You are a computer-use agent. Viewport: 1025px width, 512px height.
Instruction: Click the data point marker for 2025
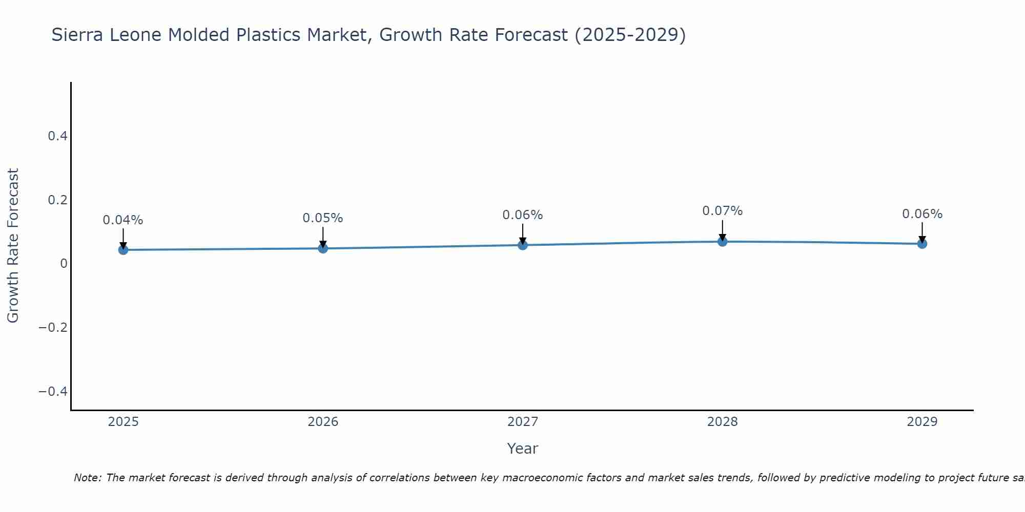pyautogui.click(x=123, y=250)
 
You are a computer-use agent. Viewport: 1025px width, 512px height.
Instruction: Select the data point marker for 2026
pyautogui.click(x=323, y=248)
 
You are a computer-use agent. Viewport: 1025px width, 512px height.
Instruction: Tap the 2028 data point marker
pyautogui.click(x=722, y=241)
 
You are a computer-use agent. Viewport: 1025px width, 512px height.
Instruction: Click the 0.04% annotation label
pyautogui.click(x=123, y=220)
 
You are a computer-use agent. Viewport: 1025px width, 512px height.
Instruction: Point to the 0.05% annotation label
pyautogui.click(x=323, y=218)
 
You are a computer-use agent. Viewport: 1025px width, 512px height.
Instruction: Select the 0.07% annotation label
pyautogui.click(x=722, y=211)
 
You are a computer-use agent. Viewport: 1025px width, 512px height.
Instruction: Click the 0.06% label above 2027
pyautogui.click(x=522, y=215)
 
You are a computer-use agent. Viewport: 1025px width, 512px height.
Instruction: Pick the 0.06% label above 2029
pyautogui.click(x=922, y=214)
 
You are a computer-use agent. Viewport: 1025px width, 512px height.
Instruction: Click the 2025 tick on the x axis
pyautogui.click(x=123, y=422)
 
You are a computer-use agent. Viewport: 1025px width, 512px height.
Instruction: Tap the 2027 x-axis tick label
pyautogui.click(x=522, y=422)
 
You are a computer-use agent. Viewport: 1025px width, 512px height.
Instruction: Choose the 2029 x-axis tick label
pyautogui.click(x=922, y=422)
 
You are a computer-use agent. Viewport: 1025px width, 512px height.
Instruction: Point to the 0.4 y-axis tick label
pyautogui.click(x=57, y=136)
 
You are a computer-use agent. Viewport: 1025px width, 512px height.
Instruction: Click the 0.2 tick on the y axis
pyautogui.click(x=57, y=200)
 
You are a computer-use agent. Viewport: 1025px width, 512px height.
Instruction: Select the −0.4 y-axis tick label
pyautogui.click(x=53, y=392)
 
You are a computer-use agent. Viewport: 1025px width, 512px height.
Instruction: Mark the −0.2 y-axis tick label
pyautogui.click(x=53, y=328)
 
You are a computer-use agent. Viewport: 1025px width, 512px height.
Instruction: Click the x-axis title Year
pyautogui.click(x=522, y=449)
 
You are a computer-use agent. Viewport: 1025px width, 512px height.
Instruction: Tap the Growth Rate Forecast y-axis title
pyautogui.click(x=13, y=245)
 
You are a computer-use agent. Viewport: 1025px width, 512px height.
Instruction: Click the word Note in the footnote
pyautogui.click(x=87, y=478)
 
